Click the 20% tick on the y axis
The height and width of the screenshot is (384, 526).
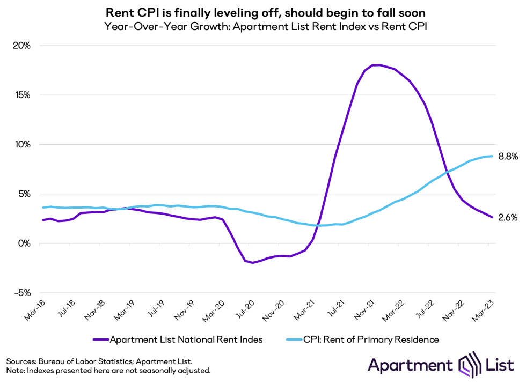click(22, 46)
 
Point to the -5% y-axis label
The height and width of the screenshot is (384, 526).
click(22, 293)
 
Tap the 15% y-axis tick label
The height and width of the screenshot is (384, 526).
click(22, 95)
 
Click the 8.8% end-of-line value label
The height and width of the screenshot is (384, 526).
click(508, 157)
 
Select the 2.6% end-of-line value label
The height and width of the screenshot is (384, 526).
click(508, 218)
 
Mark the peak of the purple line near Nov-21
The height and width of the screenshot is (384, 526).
click(378, 65)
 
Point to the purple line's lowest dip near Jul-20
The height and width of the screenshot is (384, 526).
click(252, 263)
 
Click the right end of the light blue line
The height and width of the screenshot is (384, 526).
click(492, 156)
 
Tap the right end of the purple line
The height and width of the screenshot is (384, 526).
click(492, 217)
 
